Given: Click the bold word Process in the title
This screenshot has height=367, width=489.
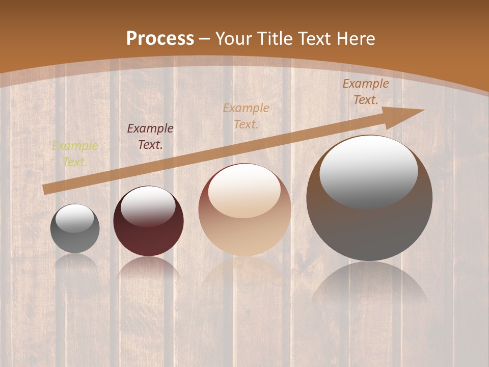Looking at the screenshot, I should click(x=160, y=38).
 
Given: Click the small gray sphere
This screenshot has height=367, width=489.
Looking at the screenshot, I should click(x=75, y=235).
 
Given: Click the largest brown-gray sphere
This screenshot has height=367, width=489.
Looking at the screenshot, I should click(x=369, y=224).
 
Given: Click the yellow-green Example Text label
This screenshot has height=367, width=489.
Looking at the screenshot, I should click(x=75, y=154).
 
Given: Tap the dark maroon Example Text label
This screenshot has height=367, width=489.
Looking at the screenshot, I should click(x=150, y=136).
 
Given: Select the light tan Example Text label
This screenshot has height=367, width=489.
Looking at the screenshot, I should click(x=246, y=116).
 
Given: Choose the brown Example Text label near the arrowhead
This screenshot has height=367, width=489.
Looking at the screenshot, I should click(x=366, y=92).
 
